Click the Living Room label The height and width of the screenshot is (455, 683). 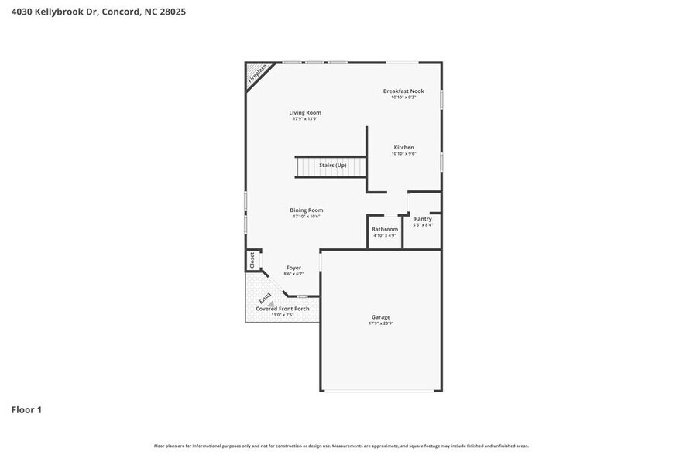tap(305, 113)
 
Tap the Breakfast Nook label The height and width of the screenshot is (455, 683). tap(403, 91)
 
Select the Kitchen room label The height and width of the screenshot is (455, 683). tap(403, 147)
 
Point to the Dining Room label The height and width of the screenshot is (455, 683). tap(306, 210)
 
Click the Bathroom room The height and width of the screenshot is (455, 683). tap(385, 230)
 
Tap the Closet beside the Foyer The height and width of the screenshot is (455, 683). tap(252, 261)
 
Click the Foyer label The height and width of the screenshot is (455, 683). tap(293, 268)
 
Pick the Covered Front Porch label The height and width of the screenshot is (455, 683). tap(283, 309)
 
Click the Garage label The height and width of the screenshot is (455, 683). tap(380, 316)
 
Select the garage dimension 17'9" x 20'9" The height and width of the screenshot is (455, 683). tap(380, 323)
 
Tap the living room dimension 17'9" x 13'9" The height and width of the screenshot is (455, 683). tap(305, 119)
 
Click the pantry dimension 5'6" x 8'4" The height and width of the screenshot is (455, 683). tap(423, 225)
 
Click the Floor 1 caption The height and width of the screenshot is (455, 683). tap(26, 409)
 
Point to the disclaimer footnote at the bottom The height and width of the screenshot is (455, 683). tap(341, 446)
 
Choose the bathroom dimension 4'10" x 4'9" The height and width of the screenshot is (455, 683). tap(385, 236)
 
